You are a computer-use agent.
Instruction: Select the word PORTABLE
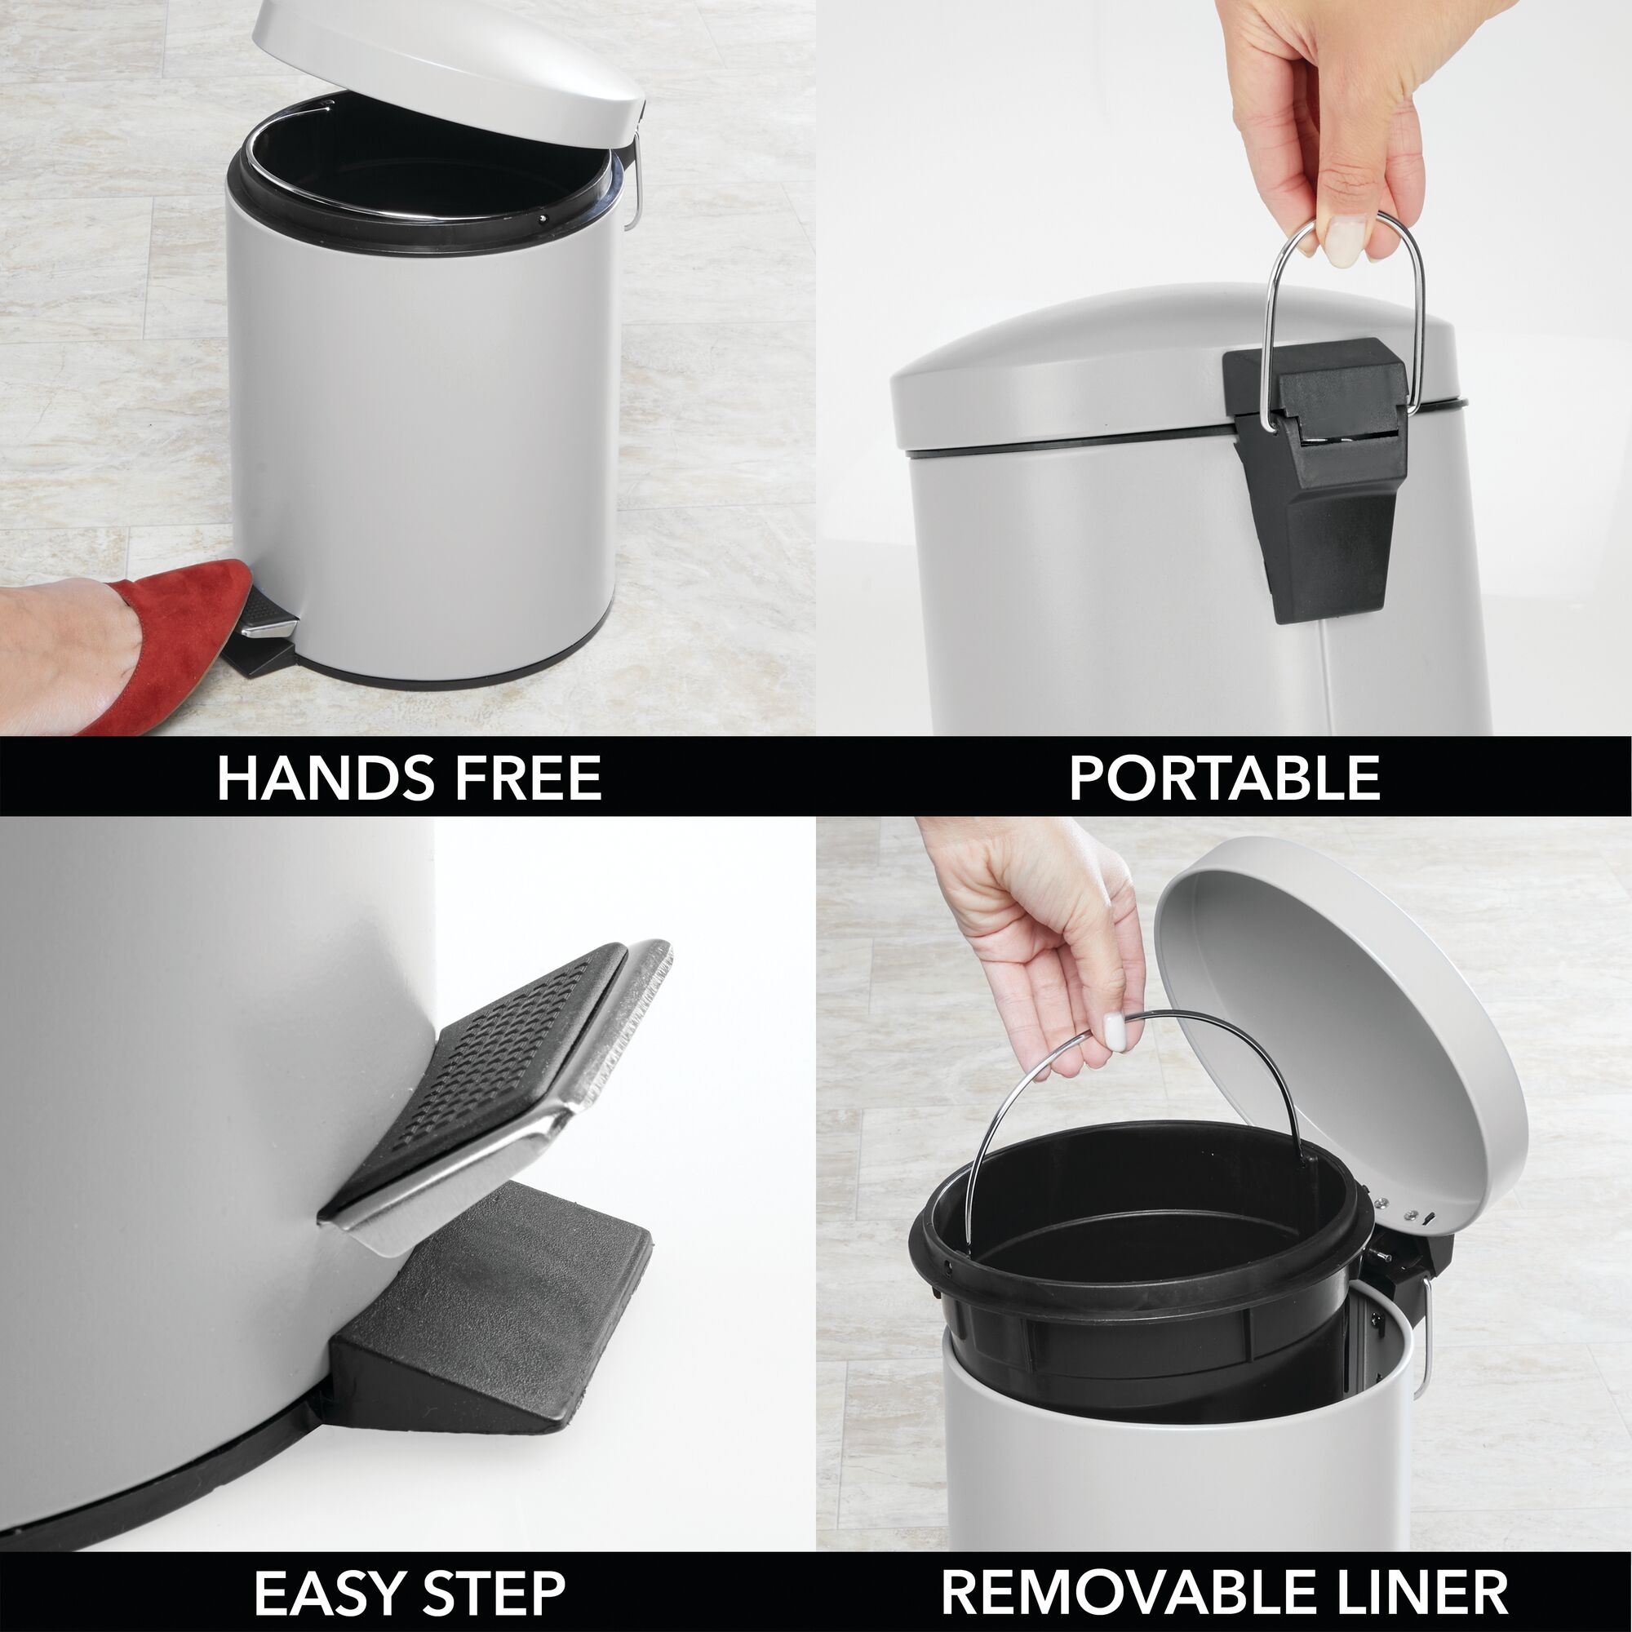1224,778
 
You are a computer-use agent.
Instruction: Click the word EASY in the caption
329,1592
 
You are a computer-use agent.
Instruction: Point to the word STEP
494,1592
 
